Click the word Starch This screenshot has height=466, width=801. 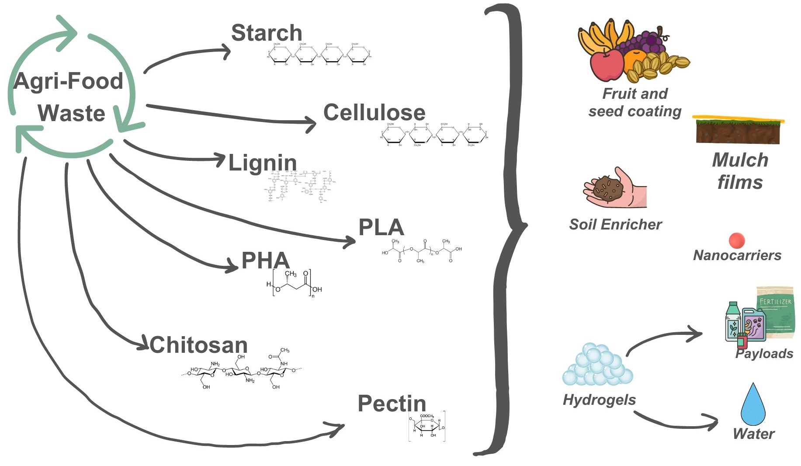coord(267,33)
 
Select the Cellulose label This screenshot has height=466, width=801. coord(374,113)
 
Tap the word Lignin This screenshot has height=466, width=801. coord(263,163)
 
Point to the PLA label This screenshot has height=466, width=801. coord(381,228)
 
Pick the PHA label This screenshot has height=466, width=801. coord(265,261)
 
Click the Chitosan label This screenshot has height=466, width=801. coord(199,345)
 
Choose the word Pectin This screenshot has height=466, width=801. coord(392,403)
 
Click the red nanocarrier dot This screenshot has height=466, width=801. coord(737,240)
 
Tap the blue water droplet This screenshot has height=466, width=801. coord(753,405)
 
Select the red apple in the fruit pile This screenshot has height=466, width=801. coord(607,66)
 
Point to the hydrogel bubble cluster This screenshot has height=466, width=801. coord(597,365)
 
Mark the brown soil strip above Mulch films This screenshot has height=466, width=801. coord(738,131)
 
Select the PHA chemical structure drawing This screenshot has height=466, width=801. coord(294,284)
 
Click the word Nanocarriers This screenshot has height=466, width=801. coord(737,255)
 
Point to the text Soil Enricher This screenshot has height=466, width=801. coord(615,225)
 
